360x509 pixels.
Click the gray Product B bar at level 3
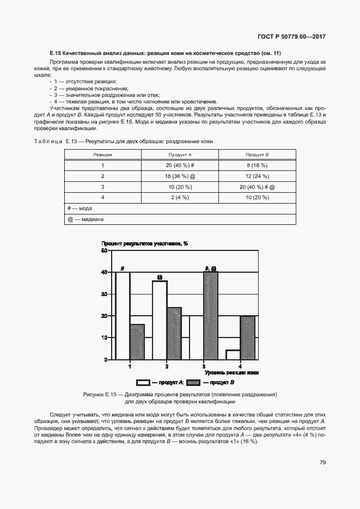[x=210, y=316]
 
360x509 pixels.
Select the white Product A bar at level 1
[x=123, y=316]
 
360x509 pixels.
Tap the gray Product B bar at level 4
[x=247, y=338]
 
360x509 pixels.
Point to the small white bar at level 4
[x=233, y=355]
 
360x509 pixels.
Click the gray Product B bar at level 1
[x=137, y=342]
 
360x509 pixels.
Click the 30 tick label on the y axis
[x=104, y=294]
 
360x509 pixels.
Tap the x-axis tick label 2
[x=167, y=366]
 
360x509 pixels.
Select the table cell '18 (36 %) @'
[x=180, y=176]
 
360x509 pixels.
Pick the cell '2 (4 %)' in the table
[x=180, y=197]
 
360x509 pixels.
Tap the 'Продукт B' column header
[x=257, y=155]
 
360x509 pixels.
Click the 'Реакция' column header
[x=102, y=155]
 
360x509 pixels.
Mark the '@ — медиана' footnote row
[x=86, y=219]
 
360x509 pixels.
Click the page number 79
[x=322, y=463]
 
